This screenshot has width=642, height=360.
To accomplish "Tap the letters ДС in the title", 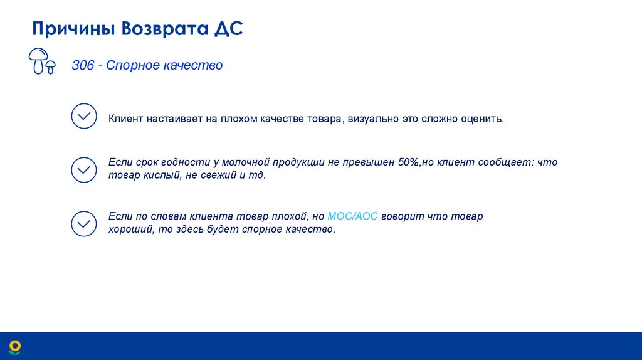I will pos(228,29).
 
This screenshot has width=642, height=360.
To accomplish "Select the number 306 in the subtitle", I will pos(82,65).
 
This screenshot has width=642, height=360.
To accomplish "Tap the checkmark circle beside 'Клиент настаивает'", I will pos(84,117).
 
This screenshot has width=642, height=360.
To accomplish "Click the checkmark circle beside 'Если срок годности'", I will pos(84,169).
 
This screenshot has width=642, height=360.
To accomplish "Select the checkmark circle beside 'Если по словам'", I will pos(84,223).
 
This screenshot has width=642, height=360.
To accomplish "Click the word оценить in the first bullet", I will pos(482,119).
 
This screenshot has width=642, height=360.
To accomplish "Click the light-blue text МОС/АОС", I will pos(353,216).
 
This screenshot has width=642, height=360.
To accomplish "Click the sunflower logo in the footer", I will pos(14,346).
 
